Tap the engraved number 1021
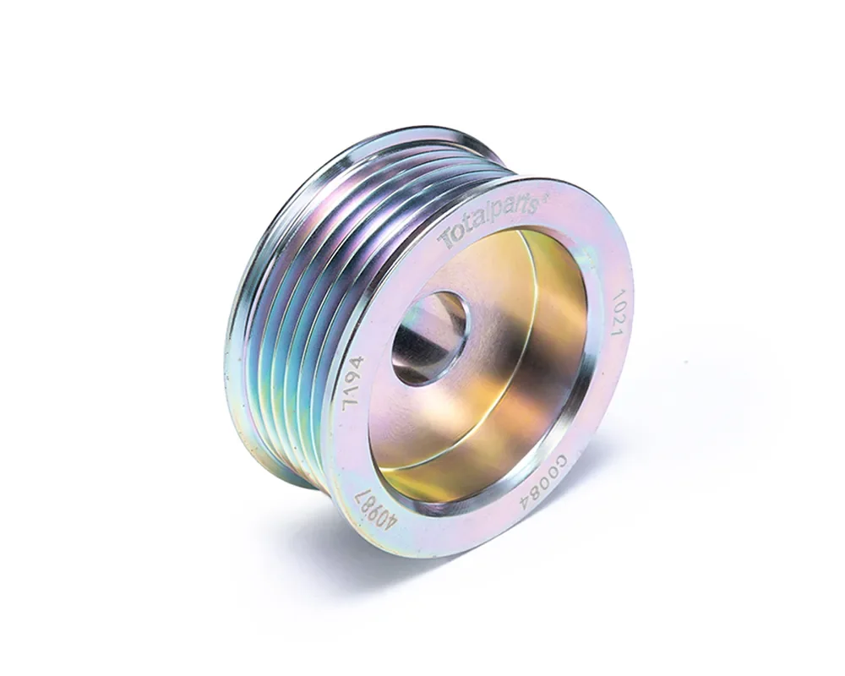click(x=617, y=313)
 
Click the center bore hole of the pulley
click(x=429, y=337)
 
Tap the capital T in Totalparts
click(x=449, y=239)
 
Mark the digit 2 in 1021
click(x=617, y=319)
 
